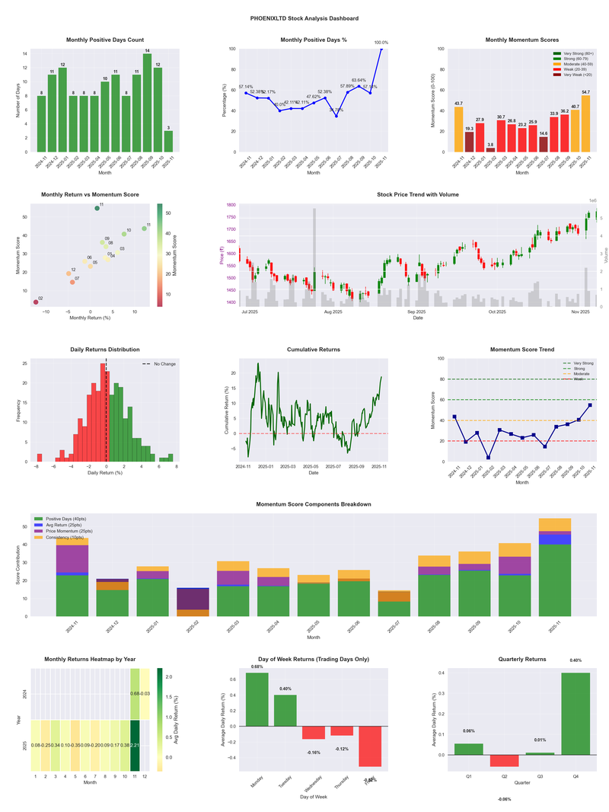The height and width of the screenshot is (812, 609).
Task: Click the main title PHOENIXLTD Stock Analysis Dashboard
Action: pyautogui.click(x=304, y=18)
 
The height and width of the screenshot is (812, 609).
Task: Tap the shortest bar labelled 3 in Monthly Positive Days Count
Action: pyautogui.click(x=168, y=142)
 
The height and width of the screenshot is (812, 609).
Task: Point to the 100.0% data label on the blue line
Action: pyautogui.click(x=381, y=43)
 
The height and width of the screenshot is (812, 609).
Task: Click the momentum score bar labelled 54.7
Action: pyautogui.click(x=585, y=123)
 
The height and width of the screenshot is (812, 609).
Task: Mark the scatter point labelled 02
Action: pyautogui.click(x=36, y=302)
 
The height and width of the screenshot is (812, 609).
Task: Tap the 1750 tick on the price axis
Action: pyautogui.click(x=231, y=218)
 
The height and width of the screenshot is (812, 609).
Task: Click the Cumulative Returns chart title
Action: pyautogui.click(x=314, y=350)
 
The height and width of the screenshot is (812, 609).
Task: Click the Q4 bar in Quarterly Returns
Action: pyautogui.click(x=576, y=714)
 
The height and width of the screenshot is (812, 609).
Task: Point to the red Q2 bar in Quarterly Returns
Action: pyautogui.click(x=504, y=761)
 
